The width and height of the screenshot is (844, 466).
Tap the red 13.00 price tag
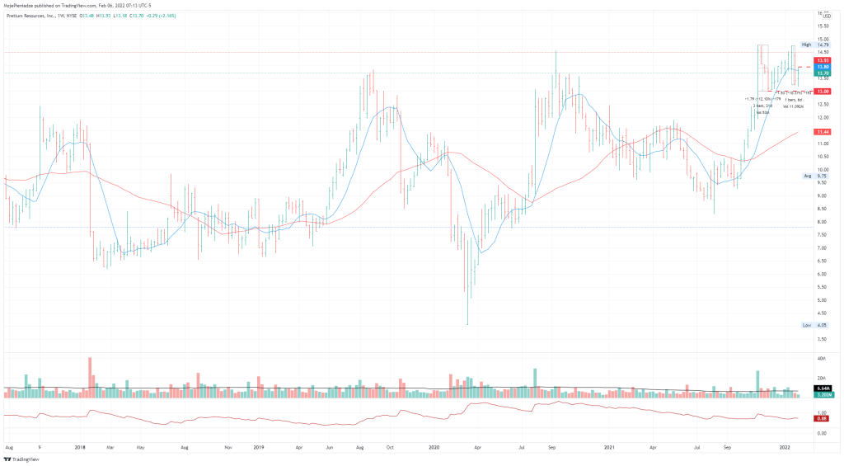(x=822, y=91)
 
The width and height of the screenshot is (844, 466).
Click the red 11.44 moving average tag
(x=822, y=132)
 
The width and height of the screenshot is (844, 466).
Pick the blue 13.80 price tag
(x=822, y=67)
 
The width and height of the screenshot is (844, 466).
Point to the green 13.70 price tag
(x=822, y=73)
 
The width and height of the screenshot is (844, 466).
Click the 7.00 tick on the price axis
(x=821, y=247)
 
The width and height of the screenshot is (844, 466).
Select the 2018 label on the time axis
(x=80, y=448)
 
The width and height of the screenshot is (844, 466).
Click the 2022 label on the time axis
(x=785, y=448)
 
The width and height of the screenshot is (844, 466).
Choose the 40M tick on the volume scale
(x=822, y=359)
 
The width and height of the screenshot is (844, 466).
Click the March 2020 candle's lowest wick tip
(x=468, y=325)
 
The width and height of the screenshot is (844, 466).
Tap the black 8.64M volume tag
(x=822, y=388)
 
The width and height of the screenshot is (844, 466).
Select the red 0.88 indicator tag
(x=822, y=418)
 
